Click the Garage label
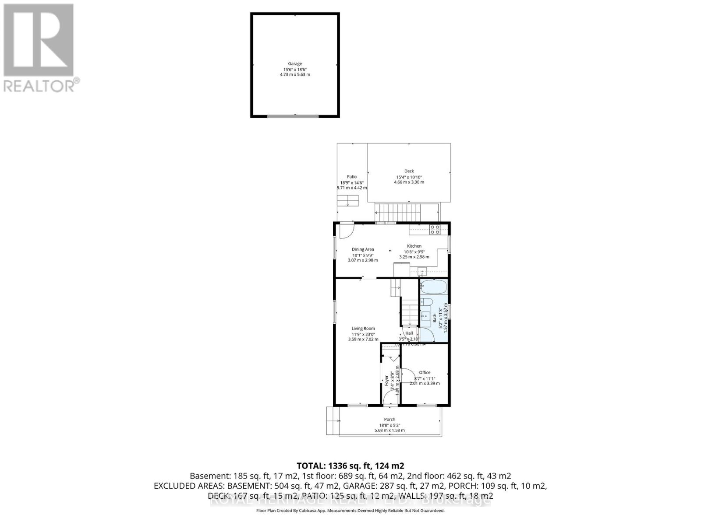coord(295,64)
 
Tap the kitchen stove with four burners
coord(435,229)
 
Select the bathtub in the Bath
coord(433,288)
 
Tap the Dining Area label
coord(363,249)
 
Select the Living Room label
coord(363,329)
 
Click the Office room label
coord(425,373)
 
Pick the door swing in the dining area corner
coord(346,231)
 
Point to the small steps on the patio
coord(348,201)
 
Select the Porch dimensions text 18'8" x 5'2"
coord(389,425)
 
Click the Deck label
coord(409,171)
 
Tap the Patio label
coord(352,177)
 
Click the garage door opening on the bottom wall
coord(295,116)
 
